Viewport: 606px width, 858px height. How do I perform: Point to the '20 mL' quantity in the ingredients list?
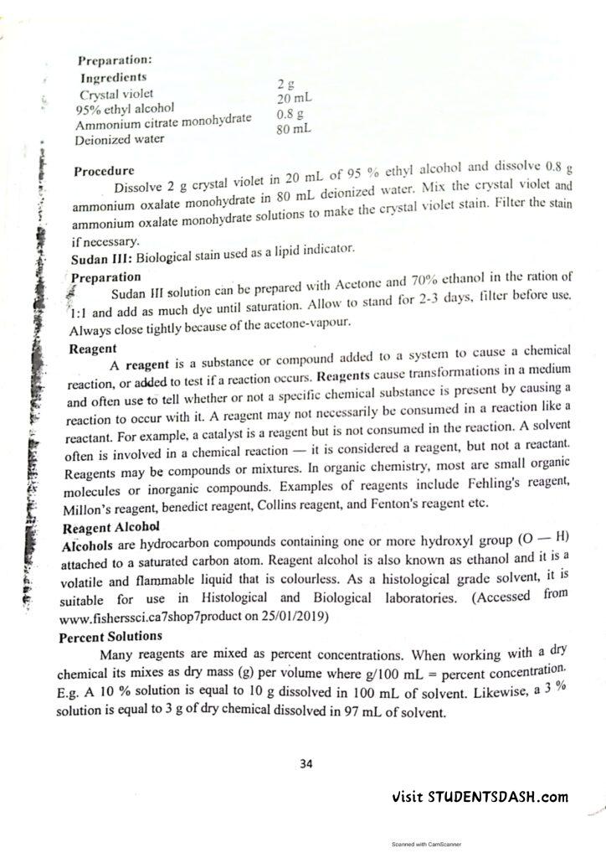pos(294,99)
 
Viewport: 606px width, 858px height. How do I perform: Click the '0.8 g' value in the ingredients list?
pos(290,113)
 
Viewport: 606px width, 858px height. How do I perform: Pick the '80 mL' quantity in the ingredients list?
pos(294,129)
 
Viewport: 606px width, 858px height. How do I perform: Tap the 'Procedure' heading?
pos(103,172)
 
